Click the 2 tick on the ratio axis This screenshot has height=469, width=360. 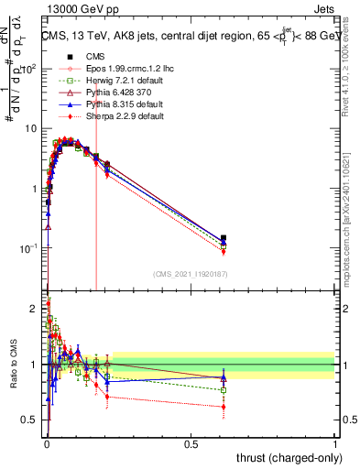[34, 308]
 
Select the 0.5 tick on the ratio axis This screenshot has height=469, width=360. [30, 420]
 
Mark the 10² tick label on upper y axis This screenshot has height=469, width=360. [27, 69]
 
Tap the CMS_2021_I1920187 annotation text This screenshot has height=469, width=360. [190, 273]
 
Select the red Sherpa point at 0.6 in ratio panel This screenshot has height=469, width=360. [224, 407]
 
